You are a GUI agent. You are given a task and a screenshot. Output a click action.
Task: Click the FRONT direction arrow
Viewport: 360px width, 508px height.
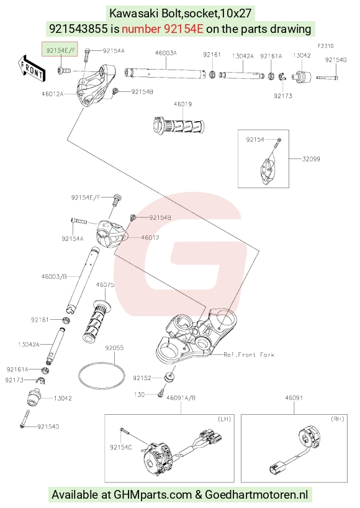pos(32,68)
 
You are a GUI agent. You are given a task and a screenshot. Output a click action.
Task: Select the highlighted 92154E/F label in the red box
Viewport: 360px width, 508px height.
pos(60,50)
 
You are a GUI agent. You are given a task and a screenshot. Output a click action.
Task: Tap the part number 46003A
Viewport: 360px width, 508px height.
pos(166,53)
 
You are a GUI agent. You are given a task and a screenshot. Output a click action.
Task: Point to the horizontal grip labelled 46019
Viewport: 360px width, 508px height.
pos(178,125)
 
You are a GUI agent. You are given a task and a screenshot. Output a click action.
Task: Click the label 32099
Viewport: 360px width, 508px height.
pos(311,159)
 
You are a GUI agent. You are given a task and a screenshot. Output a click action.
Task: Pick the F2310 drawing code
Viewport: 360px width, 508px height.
pos(325,46)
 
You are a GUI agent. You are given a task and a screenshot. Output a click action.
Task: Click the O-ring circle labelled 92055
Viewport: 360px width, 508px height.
pos(102,376)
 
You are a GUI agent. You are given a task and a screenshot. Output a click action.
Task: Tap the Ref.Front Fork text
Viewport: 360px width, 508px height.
pos(249,355)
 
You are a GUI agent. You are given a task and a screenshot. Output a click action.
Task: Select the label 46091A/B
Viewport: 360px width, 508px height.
pos(181,397)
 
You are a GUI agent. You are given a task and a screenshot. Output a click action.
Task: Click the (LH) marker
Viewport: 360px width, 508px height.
pos(224,419)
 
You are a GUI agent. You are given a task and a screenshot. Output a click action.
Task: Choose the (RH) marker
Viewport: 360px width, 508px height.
pos(338,419)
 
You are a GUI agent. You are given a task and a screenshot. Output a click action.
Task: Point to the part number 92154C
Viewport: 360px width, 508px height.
pos(121,447)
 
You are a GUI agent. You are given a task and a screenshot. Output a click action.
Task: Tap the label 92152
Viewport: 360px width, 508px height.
pos(142,378)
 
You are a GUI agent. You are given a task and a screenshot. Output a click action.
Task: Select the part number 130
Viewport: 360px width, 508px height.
pos(139,394)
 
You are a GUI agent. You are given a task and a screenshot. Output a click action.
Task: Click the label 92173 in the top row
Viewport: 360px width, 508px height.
pos(283,96)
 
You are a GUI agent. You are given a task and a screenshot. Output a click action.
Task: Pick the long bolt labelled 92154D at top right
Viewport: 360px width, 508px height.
pos(327,78)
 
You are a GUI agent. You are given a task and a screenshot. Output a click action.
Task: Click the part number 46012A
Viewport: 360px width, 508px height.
pos(52,94)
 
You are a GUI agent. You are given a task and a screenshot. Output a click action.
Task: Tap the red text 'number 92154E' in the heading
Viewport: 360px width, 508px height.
pos(163,29)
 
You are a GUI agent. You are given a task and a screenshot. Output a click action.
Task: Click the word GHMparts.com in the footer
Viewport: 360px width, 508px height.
pos(153,495)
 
